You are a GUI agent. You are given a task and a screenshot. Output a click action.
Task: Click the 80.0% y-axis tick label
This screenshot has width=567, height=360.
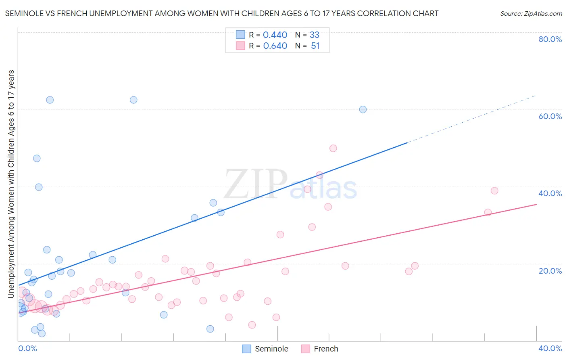pyautogui.click(x=550, y=39)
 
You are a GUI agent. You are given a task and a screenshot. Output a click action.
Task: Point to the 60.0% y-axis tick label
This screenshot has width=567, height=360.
pyautogui.click(x=550, y=116)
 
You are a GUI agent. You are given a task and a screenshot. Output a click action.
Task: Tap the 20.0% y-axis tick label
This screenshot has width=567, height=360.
pyautogui.click(x=550, y=271)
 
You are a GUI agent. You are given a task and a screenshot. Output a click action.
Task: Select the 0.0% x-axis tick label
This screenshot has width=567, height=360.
pyautogui.click(x=27, y=348)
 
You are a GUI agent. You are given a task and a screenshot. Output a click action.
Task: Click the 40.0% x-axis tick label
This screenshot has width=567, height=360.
pyautogui.click(x=550, y=348)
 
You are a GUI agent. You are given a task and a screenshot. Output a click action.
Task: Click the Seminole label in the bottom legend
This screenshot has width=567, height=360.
pyautogui.click(x=271, y=349)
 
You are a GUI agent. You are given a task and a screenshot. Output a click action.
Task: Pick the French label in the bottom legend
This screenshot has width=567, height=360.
pyautogui.click(x=326, y=349)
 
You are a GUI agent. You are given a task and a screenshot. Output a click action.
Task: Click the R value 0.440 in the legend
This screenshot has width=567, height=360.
pyautogui.click(x=275, y=35)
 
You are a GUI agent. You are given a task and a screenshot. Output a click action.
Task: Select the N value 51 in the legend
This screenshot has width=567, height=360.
pyautogui.click(x=315, y=46)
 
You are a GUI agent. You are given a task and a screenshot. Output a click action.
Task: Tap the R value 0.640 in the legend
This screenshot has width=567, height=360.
pyautogui.click(x=275, y=46)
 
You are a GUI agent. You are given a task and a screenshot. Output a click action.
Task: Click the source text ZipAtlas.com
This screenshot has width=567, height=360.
pyautogui.click(x=531, y=14)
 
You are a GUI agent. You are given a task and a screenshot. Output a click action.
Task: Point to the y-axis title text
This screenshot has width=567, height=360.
pyautogui.click(x=11, y=184)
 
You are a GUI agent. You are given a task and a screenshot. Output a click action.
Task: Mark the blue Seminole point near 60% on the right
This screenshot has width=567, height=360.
pyautogui.click(x=363, y=109)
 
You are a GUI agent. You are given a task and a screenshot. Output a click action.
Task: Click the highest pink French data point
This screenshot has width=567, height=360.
pyautogui.click(x=333, y=148)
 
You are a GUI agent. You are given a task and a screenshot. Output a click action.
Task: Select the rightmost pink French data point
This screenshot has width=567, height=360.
pyautogui.click(x=494, y=190)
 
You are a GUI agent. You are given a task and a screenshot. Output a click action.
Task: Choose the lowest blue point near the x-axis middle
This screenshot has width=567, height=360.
pyautogui.click(x=210, y=329)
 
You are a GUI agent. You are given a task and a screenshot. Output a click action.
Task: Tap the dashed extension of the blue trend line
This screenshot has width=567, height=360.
pyautogui.click(x=472, y=119)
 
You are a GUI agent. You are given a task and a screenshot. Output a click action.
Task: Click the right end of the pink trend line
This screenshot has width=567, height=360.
pyautogui.click(x=536, y=205)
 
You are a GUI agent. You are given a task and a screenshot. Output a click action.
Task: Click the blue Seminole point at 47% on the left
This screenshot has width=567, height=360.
pyautogui.click(x=37, y=158)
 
